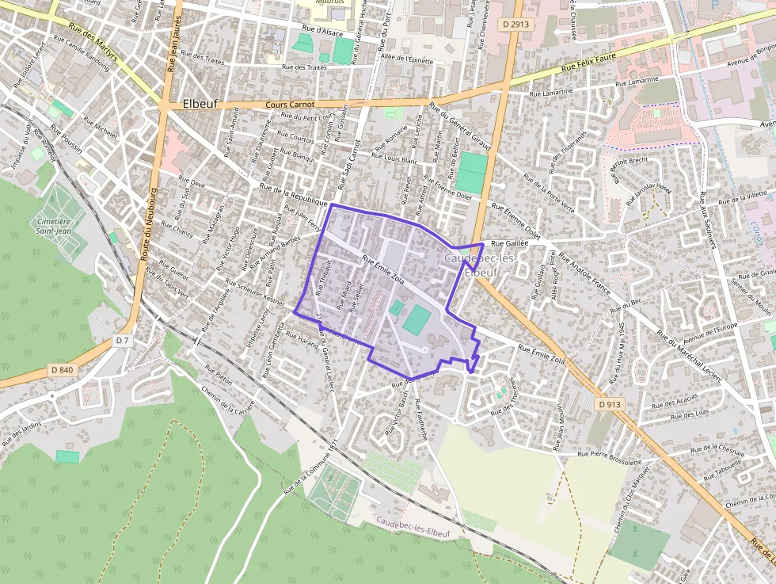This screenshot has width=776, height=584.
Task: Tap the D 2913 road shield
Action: tap(515, 25)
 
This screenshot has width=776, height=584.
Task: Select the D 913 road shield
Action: tap(610, 404)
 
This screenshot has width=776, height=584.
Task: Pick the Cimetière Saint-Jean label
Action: tap(54, 227)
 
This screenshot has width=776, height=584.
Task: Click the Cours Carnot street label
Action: tap(290, 105)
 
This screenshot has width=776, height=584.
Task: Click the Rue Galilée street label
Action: tap(509, 244)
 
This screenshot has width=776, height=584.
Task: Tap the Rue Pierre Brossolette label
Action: tap(610, 455)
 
